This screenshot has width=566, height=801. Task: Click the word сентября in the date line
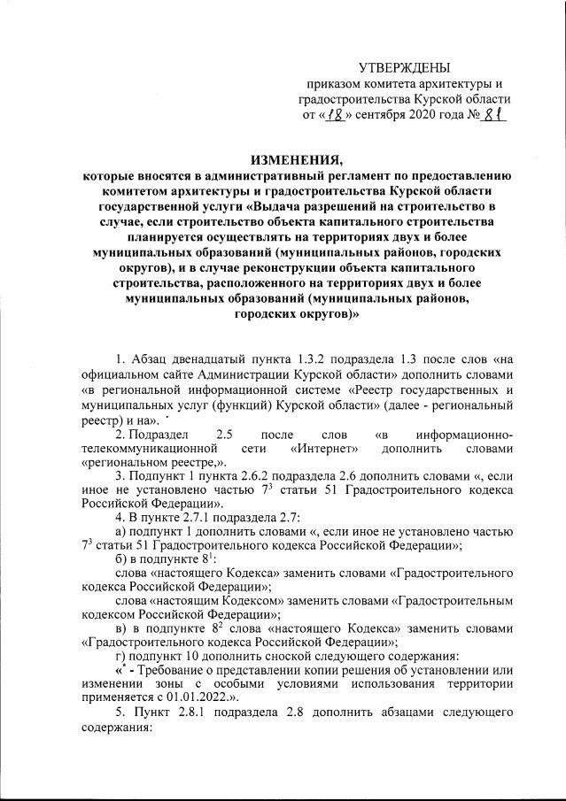372,114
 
